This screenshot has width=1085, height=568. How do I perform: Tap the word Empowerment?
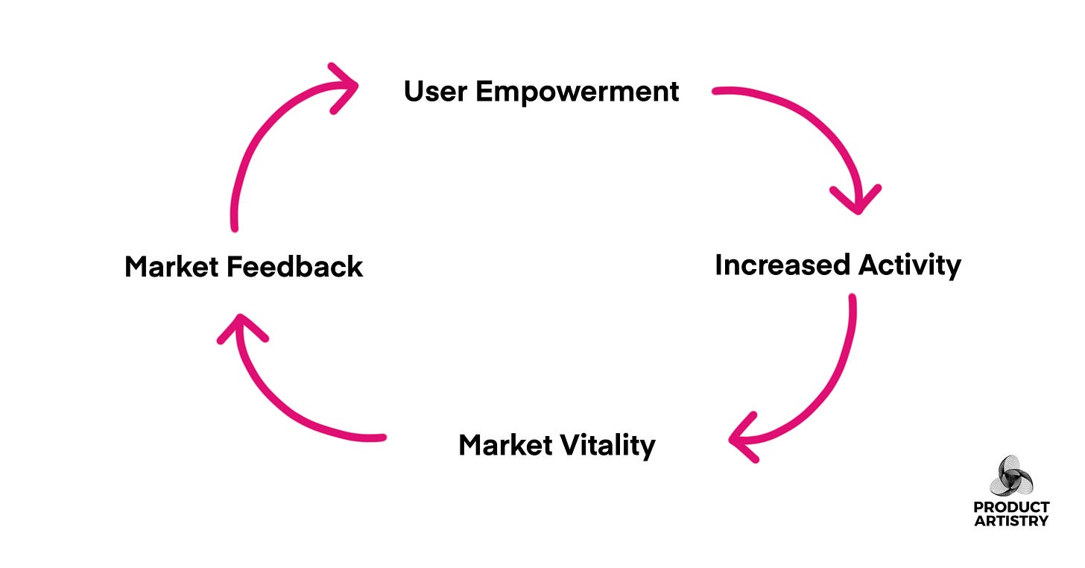click(x=578, y=92)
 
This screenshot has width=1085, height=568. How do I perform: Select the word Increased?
click(x=782, y=265)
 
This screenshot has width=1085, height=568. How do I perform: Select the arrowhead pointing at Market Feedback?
click(x=240, y=328)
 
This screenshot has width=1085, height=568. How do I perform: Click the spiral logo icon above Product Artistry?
click(x=1011, y=476)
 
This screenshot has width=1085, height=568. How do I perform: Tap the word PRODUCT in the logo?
click(x=1011, y=508)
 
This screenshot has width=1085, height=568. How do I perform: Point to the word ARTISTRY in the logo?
click(x=1011, y=521)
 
